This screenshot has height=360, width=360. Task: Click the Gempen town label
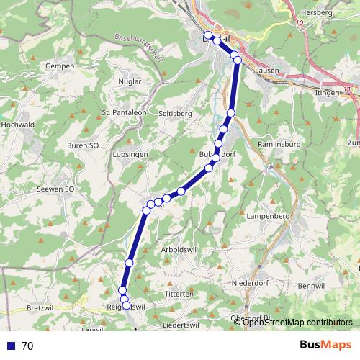coord(60,66)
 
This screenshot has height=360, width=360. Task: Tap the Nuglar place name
coord(130,82)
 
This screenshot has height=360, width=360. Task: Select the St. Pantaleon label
coord(125,112)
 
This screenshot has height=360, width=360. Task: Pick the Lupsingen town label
coord(130,155)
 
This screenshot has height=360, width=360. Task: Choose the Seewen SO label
coord(55,189)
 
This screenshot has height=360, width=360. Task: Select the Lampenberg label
coord(267,215)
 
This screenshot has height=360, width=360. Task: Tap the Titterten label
coord(179,294)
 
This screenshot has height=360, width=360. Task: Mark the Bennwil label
coord(311,287)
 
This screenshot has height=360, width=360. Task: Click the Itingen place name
coord(327,94)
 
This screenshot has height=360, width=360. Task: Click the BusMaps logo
coord(325,345)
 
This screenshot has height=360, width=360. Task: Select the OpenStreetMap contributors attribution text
coord(297,323)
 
